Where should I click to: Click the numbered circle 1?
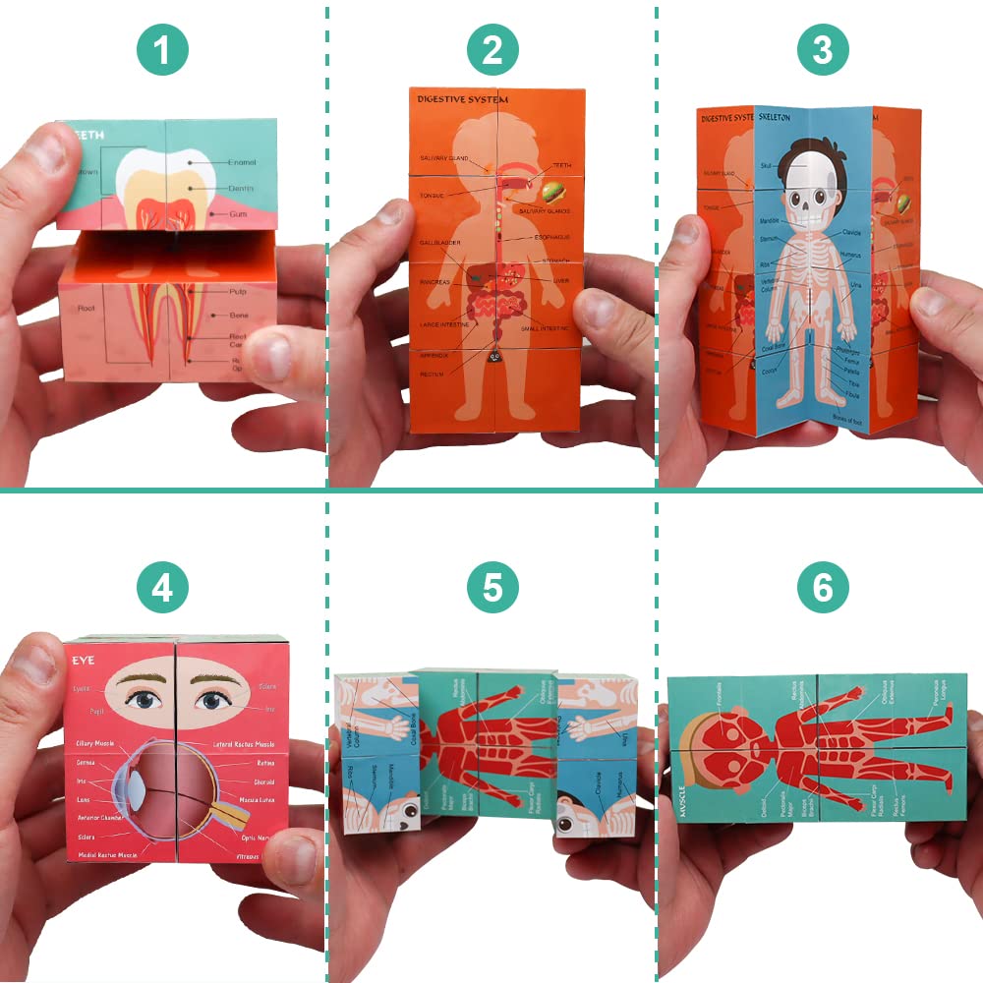click(x=162, y=51)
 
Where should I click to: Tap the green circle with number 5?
click(x=492, y=587)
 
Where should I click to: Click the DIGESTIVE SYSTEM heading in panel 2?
click(x=462, y=99)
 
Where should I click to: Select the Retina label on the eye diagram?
click(x=264, y=761)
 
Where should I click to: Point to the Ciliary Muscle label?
click(x=100, y=744)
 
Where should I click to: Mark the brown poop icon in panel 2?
click(x=495, y=359)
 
